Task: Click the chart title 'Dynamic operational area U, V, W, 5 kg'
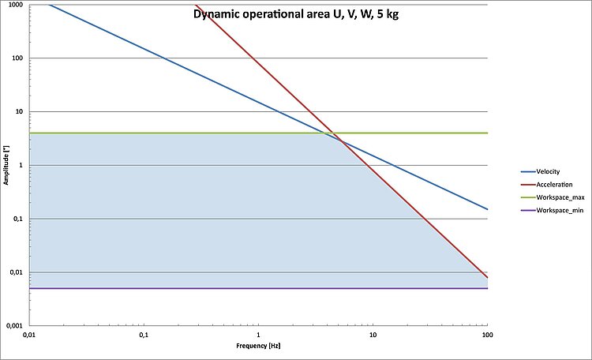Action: (296, 13)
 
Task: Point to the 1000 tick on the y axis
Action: (15, 6)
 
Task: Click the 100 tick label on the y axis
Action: (17, 58)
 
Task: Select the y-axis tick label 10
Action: (18, 112)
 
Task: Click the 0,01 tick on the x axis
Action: (29, 336)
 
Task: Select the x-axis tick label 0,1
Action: (144, 336)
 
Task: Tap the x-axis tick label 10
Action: (373, 336)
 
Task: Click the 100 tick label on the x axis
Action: (487, 336)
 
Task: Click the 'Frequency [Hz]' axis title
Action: (258, 347)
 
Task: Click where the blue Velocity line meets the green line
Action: (326, 133)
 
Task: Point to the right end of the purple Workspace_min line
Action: (487, 288)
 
